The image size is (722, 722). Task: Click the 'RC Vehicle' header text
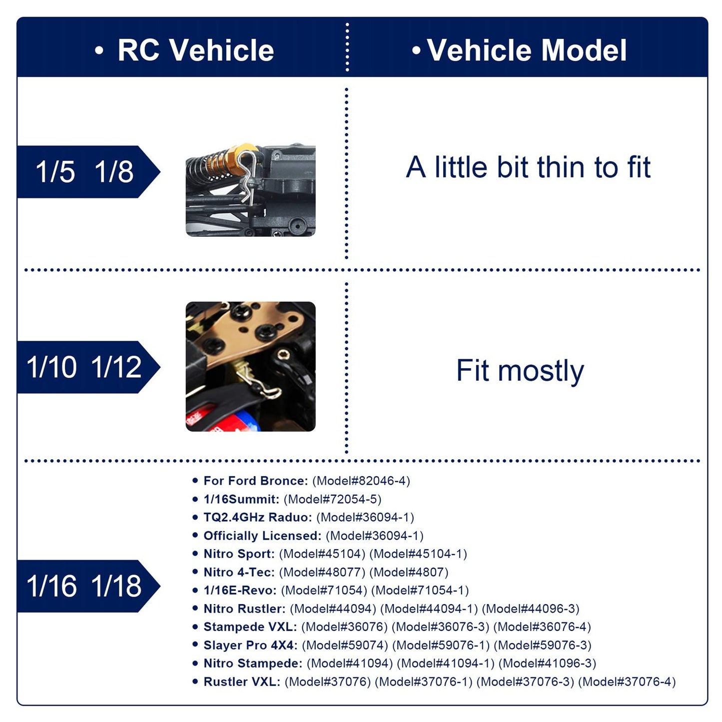pos(195,50)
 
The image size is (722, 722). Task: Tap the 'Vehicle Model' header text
pos(527,50)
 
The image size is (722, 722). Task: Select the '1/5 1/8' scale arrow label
pos(88,171)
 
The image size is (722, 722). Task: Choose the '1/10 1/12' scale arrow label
pos(88,367)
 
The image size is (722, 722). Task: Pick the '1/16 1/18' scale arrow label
pos(88,586)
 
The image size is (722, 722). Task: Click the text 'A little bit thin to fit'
pos(528,167)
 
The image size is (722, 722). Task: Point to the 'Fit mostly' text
pos(520,371)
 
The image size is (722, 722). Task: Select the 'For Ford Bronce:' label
pos(255,481)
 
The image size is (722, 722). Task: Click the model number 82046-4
pos(361,481)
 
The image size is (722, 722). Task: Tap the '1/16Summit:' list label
pos(241,499)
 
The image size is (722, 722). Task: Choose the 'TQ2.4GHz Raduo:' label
pos(257,517)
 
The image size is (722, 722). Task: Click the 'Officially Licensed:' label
pos(262,536)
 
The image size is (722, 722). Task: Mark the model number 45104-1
pos(418,554)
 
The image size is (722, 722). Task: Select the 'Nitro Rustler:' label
pos(244,609)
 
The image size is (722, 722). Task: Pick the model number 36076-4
pos(542,627)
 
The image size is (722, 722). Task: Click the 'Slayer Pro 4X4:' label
pos(250,645)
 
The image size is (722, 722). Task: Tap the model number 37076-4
pos(627,682)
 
